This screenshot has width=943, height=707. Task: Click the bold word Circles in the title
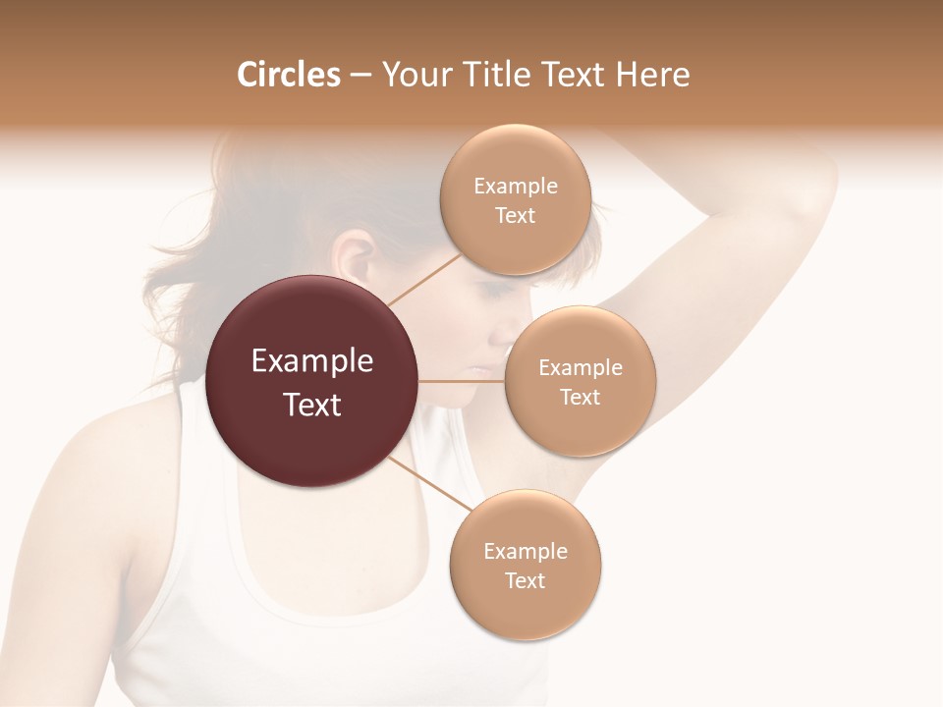[288, 75]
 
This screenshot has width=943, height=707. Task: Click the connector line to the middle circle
[462, 381]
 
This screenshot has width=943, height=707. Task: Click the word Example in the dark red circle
[312, 361]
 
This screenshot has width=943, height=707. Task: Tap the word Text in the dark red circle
[312, 405]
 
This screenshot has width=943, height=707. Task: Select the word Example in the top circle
[515, 187]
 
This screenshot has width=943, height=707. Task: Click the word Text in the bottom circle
[525, 581]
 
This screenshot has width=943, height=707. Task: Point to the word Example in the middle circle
[580, 368]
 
